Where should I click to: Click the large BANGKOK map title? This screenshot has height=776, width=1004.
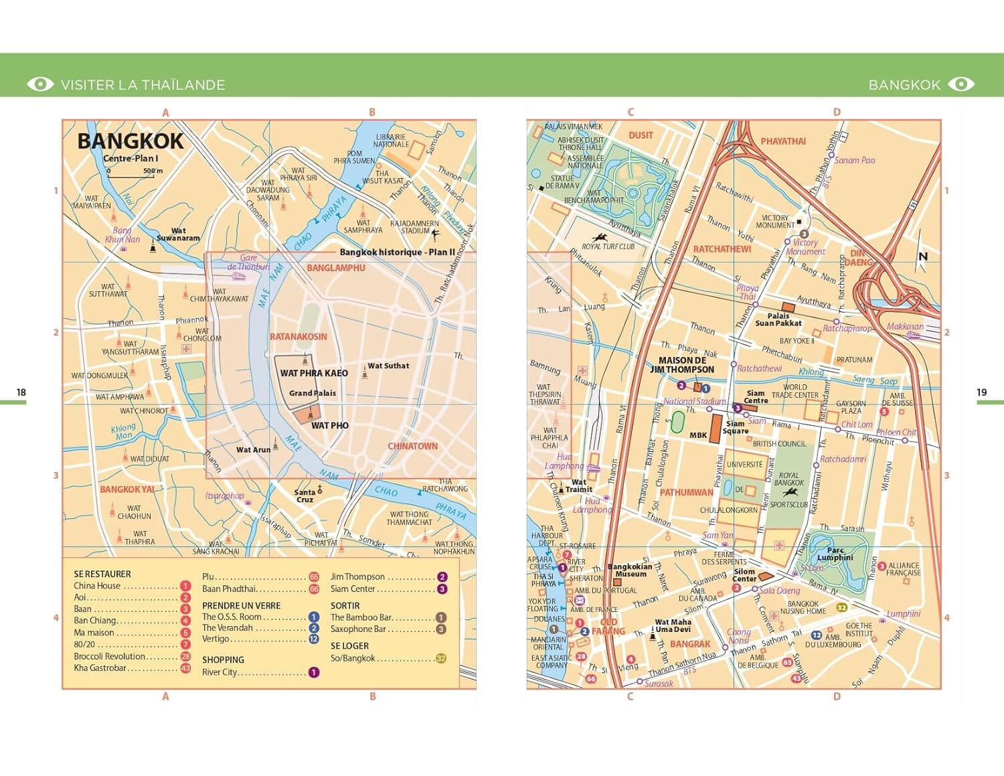coord(130,141)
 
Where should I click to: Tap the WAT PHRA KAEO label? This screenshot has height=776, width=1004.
coord(314,373)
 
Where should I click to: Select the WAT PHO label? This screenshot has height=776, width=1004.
coord(329,425)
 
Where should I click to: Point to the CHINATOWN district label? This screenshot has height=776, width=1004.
coord(412,446)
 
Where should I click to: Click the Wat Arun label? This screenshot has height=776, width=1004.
coord(253,450)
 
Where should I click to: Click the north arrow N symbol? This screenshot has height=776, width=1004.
coord(923,256)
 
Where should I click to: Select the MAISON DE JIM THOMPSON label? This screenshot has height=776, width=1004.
coord(682,365)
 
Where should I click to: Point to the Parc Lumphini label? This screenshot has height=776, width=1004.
coord(835,554)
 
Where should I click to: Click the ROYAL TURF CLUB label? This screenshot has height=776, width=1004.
coord(608,246)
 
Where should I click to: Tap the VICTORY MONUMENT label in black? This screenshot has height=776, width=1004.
coord(774,222)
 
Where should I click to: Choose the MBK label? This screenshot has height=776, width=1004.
coord(698,435)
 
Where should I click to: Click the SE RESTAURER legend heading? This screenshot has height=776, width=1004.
coord(102,574)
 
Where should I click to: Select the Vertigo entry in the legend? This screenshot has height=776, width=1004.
coord(216,639)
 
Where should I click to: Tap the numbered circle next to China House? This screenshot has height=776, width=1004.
coord(185,586)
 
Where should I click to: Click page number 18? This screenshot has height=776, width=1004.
coord(21,392)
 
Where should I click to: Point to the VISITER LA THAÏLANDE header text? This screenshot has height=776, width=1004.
coord(143,85)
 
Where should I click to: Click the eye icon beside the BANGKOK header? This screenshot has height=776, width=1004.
coord(962,84)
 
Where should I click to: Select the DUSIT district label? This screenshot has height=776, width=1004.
coord(641,135)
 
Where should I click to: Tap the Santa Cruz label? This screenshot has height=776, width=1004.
coord(305,496)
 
